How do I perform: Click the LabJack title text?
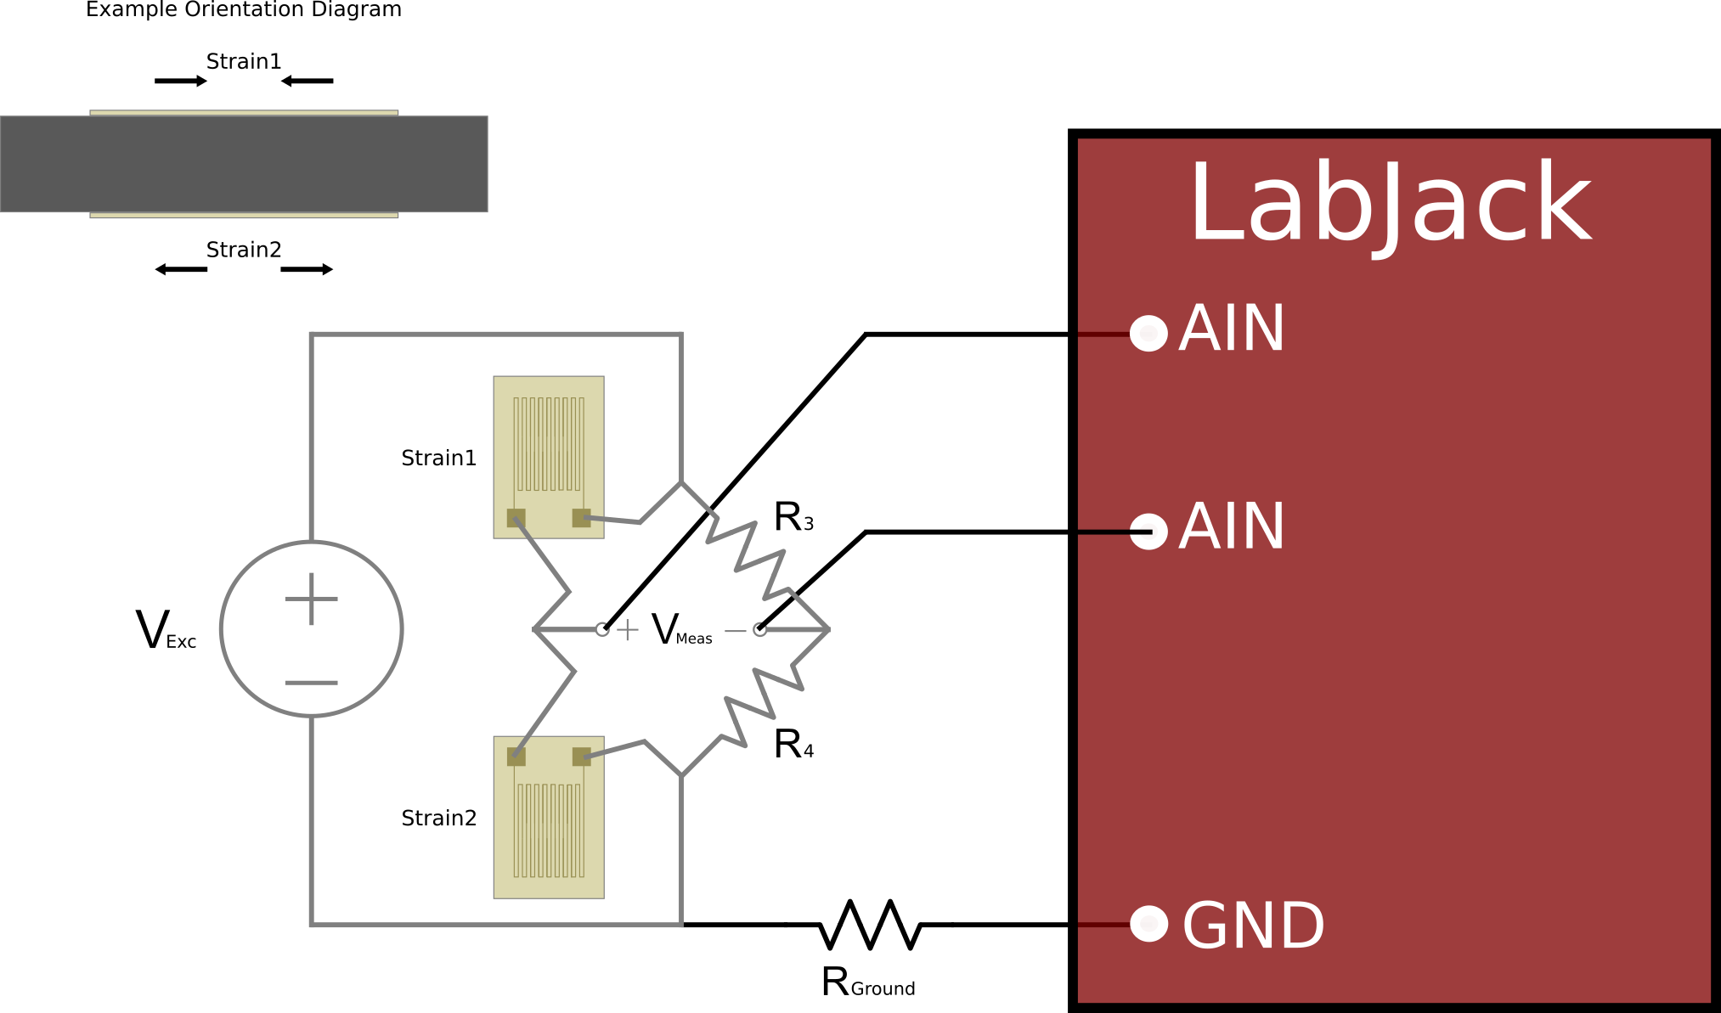pyautogui.click(x=1390, y=204)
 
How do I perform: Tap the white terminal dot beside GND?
pyautogui.click(x=1149, y=924)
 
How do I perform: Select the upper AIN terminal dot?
pyautogui.click(x=1149, y=333)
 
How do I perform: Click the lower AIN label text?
pyautogui.click(x=1232, y=527)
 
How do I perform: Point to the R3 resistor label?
pyautogui.click(x=793, y=517)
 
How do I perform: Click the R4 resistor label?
pyautogui.click(x=793, y=745)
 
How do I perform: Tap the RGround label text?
pyautogui.click(x=868, y=982)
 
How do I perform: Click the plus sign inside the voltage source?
pyautogui.click(x=312, y=599)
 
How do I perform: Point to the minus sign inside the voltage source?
pyautogui.click(x=312, y=683)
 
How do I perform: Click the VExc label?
pyautogui.click(x=166, y=631)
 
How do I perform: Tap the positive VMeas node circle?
pyautogui.click(x=602, y=629)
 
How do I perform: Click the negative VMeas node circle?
pyautogui.click(x=760, y=629)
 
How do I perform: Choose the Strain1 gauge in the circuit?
pyautogui.click(x=549, y=457)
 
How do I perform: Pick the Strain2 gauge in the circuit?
pyautogui.click(x=549, y=817)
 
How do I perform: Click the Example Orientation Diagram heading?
pyautogui.click(x=244, y=10)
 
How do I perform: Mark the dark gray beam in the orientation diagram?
pyautogui.click(x=244, y=164)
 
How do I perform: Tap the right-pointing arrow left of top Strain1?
pyautogui.click(x=181, y=81)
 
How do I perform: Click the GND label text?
pyautogui.click(x=1253, y=926)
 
